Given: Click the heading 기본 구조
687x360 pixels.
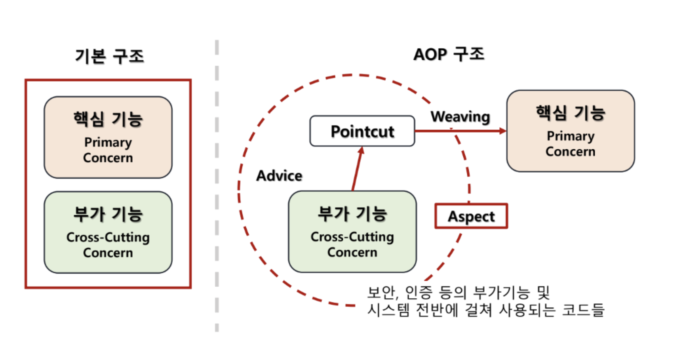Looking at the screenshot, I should pyautogui.click(x=109, y=56).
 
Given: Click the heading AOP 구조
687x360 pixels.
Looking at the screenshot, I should pyautogui.click(x=449, y=54).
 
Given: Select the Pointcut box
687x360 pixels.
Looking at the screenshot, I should pyautogui.click(x=362, y=131).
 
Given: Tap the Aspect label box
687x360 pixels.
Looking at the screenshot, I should pyautogui.click(x=471, y=216).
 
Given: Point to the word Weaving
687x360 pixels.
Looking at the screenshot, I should pyautogui.click(x=460, y=117).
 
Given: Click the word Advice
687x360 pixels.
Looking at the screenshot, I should pyautogui.click(x=279, y=175).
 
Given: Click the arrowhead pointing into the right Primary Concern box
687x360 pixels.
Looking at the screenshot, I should pyautogui.click(x=503, y=131).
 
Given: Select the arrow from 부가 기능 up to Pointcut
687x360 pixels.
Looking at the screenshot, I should pyautogui.click(x=357, y=169).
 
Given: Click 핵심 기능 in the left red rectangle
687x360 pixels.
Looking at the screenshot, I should pyautogui.click(x=108, y=119).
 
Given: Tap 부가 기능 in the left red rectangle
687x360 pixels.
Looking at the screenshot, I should pyautogui.click(x=108, y=214).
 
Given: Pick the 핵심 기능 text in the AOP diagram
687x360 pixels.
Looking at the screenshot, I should pyautogui.click(x=570, y=113).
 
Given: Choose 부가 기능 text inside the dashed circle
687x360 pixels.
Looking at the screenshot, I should pyautogui.click(x=352, y=213).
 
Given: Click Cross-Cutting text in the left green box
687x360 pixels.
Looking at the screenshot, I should pyautogui.click(x=108, y=237).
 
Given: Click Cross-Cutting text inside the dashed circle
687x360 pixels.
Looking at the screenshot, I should pyautogui.click(x=352, y=237).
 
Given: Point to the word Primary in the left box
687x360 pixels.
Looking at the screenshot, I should pyautogui.click(x=108, y=142).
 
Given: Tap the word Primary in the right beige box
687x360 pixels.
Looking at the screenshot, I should pyautogui.click(x=570, y=136).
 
